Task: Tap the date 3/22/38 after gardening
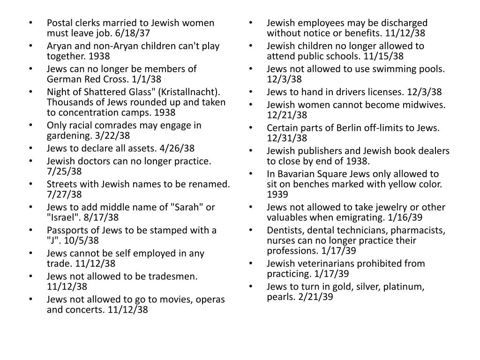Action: (113, 135)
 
